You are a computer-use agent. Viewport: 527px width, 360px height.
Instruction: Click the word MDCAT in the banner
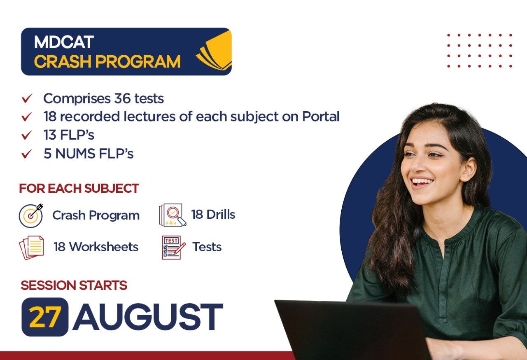pos(64,42)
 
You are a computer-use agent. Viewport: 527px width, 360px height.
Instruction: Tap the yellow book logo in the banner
pos(215,51)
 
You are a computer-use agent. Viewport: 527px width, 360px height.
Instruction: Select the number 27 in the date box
pos(45,317)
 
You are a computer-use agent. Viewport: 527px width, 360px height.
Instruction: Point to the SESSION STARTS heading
pos(74,285)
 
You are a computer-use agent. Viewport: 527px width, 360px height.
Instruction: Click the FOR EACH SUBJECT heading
pos(79,189)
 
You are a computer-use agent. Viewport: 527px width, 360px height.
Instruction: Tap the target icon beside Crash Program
pos(31,215)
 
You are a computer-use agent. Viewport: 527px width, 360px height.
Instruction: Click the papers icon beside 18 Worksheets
pos(31,247)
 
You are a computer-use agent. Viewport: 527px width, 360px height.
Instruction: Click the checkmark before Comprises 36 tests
pos(27,99)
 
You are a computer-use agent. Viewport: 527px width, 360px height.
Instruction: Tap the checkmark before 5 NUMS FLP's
pos(27,154)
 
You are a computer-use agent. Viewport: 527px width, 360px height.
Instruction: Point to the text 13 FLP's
pos(69,135)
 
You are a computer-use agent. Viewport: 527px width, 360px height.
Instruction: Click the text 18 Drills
pos(213,215)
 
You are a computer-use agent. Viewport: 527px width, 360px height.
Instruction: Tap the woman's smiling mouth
pos(422,181)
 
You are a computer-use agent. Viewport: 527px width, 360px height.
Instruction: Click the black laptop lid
pos(350,330)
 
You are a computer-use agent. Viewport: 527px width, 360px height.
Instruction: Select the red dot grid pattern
pos(479,51)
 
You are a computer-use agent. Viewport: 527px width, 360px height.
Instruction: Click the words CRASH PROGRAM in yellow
pos(107,62)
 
